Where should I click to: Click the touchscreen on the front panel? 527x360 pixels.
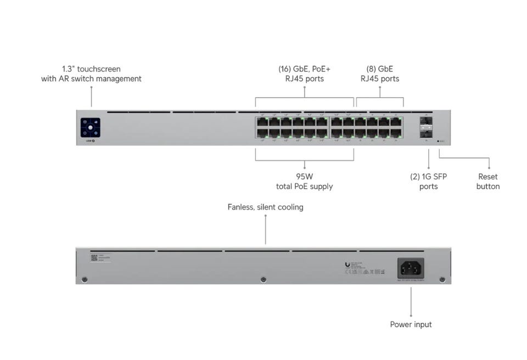pos(91,127)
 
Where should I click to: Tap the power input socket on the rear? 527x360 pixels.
pos(411,268)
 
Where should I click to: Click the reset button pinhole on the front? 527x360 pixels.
pos(438,141)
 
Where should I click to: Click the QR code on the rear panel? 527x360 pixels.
pos(94,257)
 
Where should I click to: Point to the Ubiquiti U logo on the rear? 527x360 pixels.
pos(347,265)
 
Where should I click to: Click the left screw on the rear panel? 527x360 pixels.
pos(85,279)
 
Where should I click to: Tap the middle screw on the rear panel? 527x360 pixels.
pos(263,279)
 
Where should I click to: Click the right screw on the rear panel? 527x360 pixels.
pos(442,279)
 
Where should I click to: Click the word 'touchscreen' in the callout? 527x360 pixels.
pos(99,69)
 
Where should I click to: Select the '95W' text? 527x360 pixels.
pos(304,177)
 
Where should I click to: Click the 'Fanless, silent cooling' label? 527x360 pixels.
pos(265,207)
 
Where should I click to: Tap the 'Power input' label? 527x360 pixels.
pos(411,324)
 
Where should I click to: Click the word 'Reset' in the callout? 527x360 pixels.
pos(488,177)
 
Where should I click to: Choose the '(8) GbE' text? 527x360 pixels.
pos(380,69)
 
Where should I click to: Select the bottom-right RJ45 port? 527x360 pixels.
pos(396,133)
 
